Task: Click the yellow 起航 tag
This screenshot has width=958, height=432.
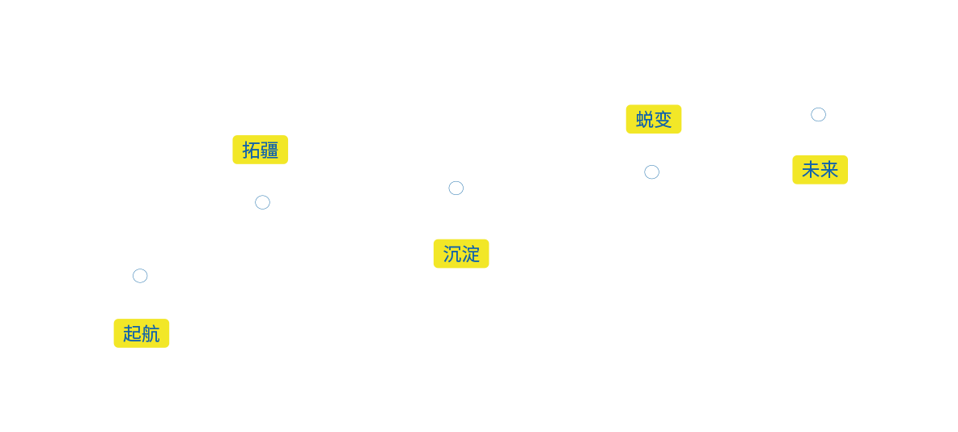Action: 142,333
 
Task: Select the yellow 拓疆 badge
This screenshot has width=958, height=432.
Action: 260,150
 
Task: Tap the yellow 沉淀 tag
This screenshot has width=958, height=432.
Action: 461,254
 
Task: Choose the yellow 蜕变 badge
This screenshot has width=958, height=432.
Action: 654,120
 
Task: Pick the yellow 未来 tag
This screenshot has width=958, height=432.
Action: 820,170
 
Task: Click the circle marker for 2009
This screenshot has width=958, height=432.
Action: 140,276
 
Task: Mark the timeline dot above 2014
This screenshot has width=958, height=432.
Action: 262,202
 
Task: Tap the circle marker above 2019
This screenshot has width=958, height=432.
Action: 456,188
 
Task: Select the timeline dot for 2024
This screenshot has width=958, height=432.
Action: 651,172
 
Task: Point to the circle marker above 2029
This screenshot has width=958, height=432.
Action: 818,114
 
